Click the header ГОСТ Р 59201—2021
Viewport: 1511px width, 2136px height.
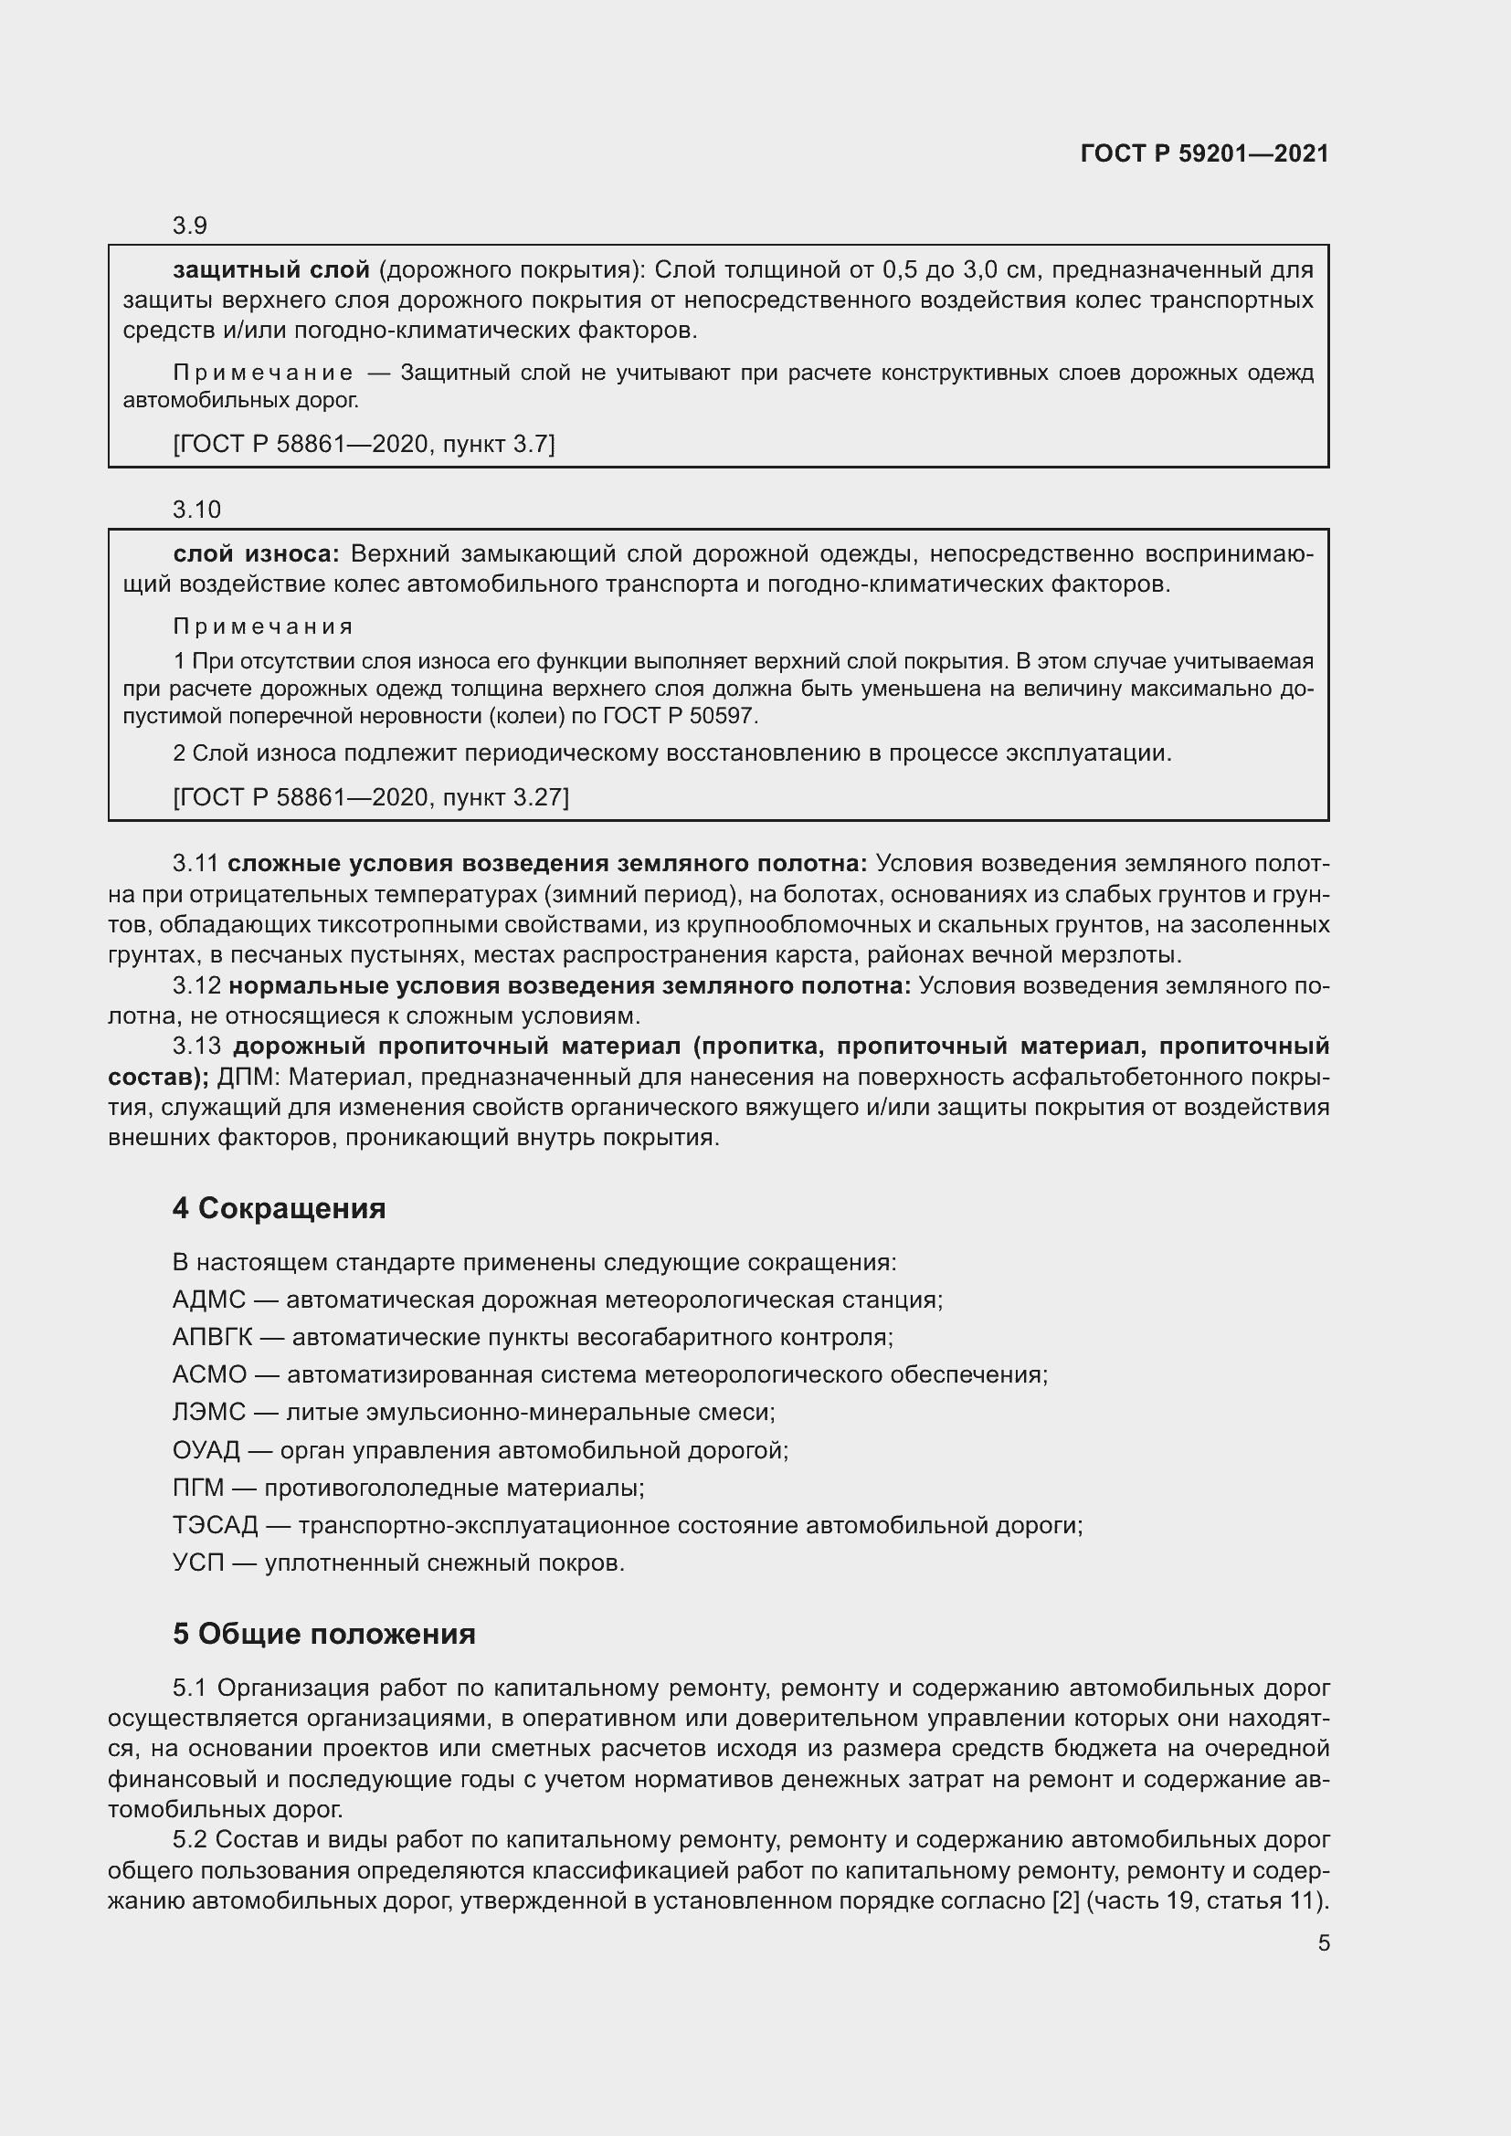(1204, 153)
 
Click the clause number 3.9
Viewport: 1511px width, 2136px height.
(190, 226)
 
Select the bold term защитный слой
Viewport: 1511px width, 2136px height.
(270, 269)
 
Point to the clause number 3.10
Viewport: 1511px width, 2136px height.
(196, 510)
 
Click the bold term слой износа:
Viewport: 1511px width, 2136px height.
(257, 553)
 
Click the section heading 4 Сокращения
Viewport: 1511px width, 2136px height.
(279, 1208)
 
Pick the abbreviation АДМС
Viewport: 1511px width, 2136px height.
(208, 1299)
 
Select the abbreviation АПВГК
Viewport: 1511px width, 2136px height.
(212, 1338)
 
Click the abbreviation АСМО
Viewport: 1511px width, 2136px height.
(209, 1375)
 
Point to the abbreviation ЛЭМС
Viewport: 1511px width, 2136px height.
(208, 1412)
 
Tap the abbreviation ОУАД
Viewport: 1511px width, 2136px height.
(206, 1450)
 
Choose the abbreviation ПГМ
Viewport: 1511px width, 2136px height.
(198, 1488)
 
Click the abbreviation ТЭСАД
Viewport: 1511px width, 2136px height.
(215, 1526)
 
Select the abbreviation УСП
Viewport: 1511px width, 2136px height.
(198, 1563)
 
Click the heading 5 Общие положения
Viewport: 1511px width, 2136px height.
(323, 1634)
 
